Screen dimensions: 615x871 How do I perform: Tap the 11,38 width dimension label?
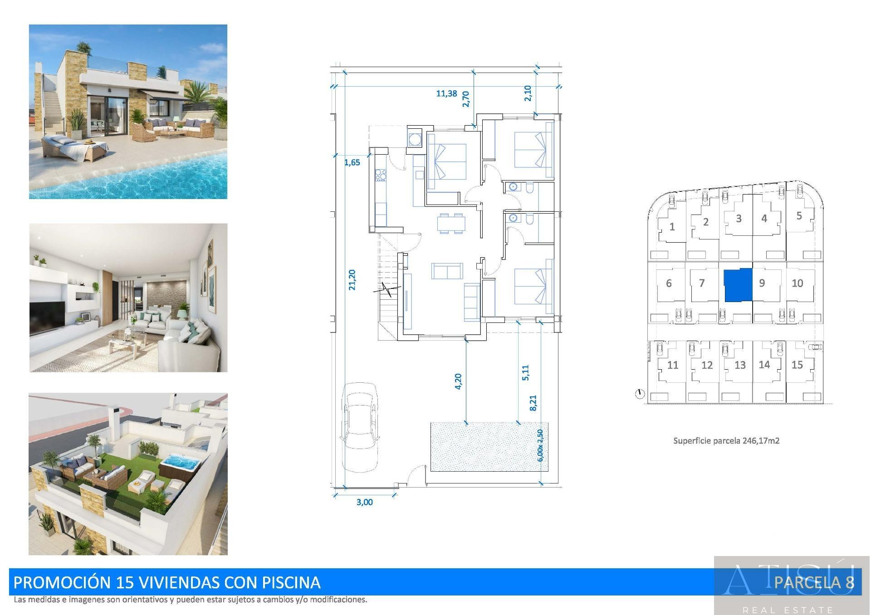pos(446,93)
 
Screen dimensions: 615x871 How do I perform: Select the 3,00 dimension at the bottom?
pos(364,502)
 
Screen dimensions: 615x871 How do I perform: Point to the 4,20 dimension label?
pos(458,381)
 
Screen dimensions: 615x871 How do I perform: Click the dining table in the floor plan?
pos(451,223)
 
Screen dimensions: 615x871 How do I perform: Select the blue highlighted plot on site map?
pos(738,285)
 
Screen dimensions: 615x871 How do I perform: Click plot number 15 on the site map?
pos(797,365)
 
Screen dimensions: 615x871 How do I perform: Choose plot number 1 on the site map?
pos(672,226)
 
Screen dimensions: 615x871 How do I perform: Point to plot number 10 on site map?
pos(797,283)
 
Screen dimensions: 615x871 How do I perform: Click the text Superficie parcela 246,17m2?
pos(726,440)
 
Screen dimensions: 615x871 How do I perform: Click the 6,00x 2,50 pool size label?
pos(540,445)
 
